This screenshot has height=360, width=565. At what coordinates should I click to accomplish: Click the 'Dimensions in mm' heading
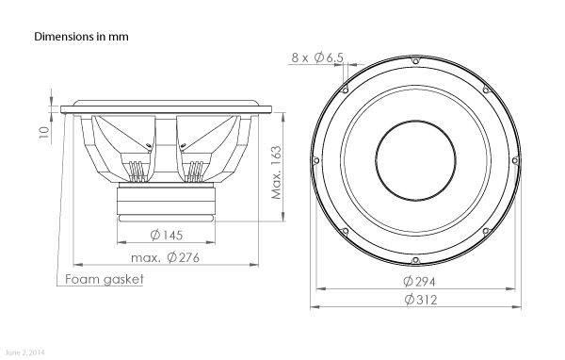pos(81,37)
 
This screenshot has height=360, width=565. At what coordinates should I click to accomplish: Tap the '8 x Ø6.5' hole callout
pos(317,57)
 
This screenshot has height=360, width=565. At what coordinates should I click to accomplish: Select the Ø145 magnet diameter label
pos(167,236)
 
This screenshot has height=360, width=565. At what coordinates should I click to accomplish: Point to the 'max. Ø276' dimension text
pos(165,257)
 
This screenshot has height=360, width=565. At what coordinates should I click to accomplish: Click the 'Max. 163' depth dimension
pos(276,172)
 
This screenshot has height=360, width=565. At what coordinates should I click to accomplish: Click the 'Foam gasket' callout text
pos(105,279)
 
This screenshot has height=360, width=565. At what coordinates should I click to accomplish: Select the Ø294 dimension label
pos(419,282)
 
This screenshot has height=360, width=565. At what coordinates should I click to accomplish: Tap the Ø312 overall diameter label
pos(421,300)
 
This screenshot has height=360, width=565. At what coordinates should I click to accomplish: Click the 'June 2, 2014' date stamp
pos(25,352)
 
